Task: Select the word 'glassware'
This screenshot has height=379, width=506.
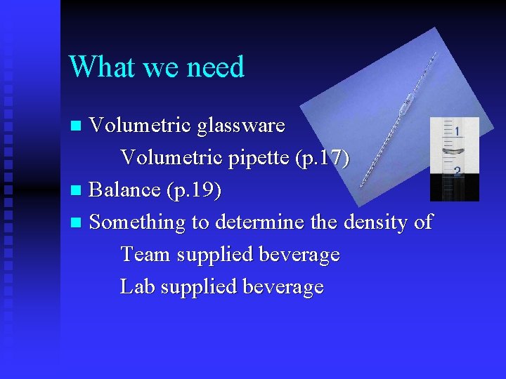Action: coord(241,126)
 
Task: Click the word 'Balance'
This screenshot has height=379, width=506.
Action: coord(125,190)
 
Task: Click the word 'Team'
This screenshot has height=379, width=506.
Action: coord(145,254)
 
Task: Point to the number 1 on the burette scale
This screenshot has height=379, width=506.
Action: coord(458,131)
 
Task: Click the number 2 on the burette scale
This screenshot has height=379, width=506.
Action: coord(458,171)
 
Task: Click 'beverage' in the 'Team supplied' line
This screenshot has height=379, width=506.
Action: coord(299,255)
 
